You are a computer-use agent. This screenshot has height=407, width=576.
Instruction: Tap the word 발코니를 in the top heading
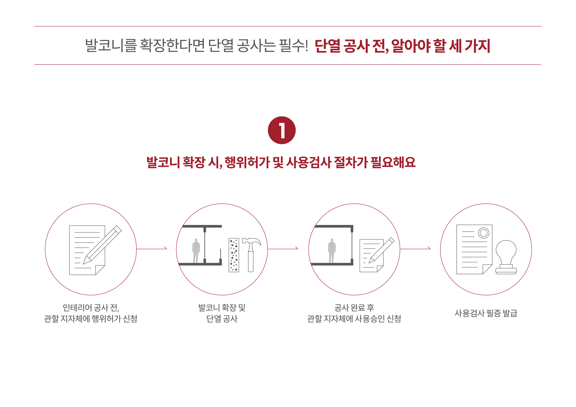[111, 46]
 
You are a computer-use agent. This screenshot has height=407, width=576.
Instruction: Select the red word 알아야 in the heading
[410, 46]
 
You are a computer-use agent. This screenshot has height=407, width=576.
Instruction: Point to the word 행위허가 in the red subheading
[247, 162]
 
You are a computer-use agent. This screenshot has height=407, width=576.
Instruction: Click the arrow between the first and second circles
[152, 249]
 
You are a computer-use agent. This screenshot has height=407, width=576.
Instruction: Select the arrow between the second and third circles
[283, 249]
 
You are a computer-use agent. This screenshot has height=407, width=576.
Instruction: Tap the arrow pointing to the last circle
[415, 249]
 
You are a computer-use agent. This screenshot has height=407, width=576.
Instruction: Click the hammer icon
[251, 254]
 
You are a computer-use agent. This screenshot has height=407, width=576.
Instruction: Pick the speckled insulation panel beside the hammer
[234, 255]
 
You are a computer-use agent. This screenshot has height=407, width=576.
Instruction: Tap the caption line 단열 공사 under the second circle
[222, 319]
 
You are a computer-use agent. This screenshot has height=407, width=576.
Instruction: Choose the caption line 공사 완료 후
[354, 308]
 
